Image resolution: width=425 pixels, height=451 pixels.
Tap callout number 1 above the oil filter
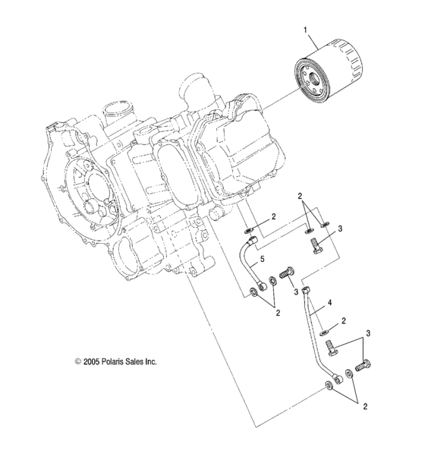[306, 31]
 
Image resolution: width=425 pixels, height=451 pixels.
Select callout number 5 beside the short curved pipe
[262, 260]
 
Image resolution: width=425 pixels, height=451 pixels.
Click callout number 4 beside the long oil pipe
[330, 303]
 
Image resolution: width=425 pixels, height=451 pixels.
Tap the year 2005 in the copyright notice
[93, 363]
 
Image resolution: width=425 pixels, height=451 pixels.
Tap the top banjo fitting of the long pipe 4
[305, 292]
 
